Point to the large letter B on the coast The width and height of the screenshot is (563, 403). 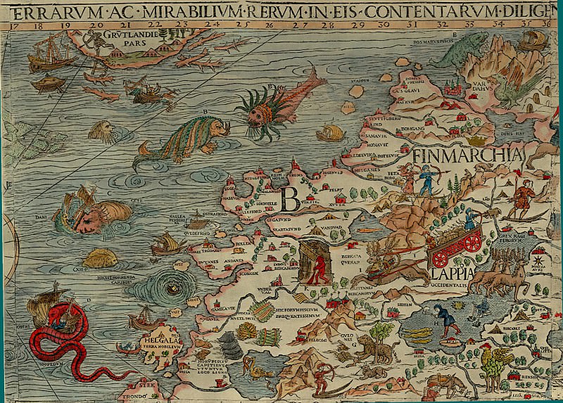click(x=289, y=199)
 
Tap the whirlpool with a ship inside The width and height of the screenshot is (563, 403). click(x=174, y=289)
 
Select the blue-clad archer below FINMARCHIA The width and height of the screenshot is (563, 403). click(x=426, y=179)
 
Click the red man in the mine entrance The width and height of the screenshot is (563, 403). click(x=321, y=267)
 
